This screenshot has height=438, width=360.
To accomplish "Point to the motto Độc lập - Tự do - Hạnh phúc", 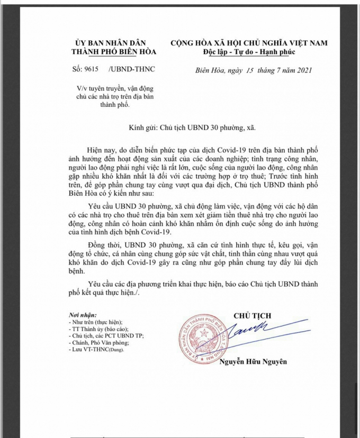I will coord(248,51).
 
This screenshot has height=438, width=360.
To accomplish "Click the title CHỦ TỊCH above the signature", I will coord(252,316).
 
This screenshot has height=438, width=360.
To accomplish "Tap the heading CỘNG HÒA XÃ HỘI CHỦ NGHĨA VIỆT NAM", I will coord(248,42).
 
